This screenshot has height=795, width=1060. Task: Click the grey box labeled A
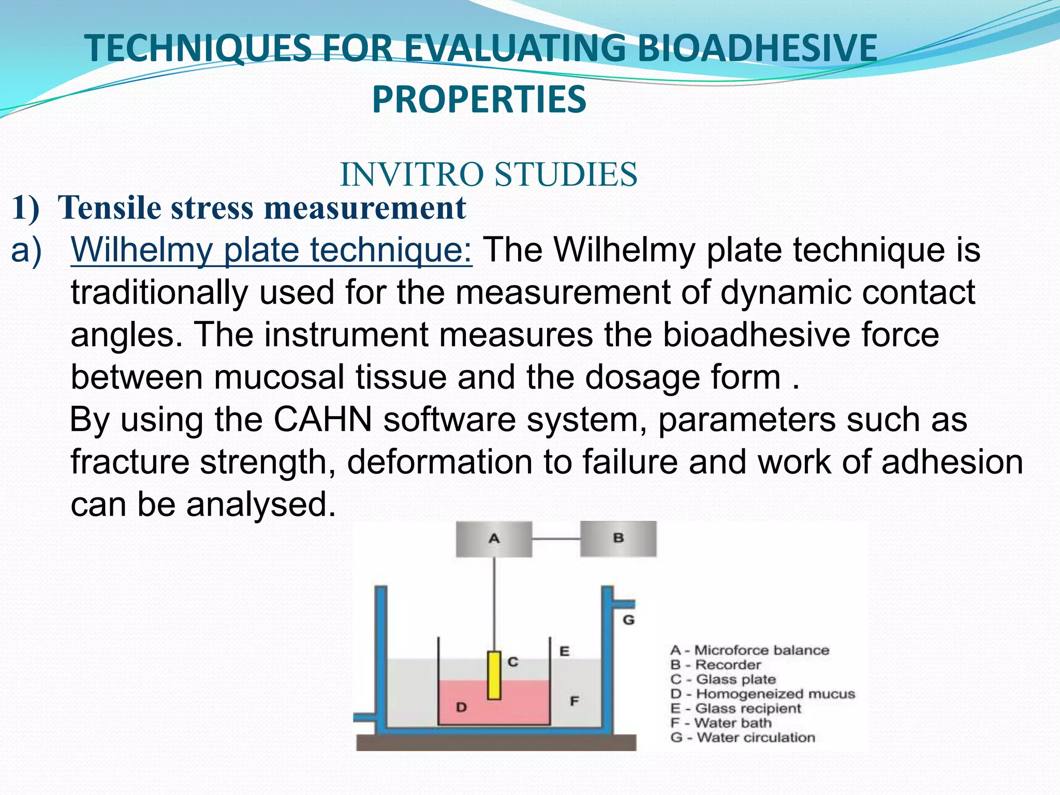click(x=493, y=539)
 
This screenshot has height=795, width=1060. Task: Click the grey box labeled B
click(x=618, y=538)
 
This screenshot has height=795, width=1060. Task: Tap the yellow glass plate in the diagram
click(x=494, y=675)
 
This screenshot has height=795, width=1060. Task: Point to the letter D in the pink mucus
click(x=461, y=707)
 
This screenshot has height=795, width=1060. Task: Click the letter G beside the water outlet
click(x=628, y=620)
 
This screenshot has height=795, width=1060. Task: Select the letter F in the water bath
click(x=574, y=701)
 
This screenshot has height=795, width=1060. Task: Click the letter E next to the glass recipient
click(x=565, y=651)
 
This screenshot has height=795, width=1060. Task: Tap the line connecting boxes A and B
click(x=556, y=539)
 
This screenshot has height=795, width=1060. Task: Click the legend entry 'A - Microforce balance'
click(x=749, y=650)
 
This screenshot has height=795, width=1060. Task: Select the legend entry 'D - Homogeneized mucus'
click(x=762, y=694)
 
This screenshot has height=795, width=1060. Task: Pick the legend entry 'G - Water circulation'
click(x=742, y=737)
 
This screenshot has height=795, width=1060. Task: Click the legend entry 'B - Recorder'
click(x=715, y=665)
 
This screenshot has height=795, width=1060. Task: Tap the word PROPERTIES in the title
click(x=479, y=99)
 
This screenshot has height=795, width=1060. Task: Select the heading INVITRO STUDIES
click(x=489, y=174)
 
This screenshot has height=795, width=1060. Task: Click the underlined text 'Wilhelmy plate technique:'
click(x=271, y=249)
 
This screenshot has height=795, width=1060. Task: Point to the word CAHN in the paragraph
click(x=323, y=419)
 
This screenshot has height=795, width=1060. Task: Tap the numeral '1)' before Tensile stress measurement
click(x=25, y=208)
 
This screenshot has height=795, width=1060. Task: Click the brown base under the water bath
click(x=496, y=743)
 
